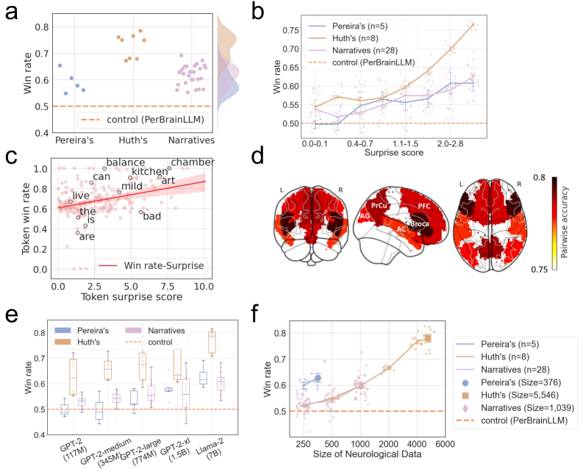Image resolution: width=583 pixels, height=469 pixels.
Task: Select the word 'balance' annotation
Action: [126, 162]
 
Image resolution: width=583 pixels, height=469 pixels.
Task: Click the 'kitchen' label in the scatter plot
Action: [149, 171]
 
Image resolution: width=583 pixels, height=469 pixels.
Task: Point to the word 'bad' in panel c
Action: [151, 215]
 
